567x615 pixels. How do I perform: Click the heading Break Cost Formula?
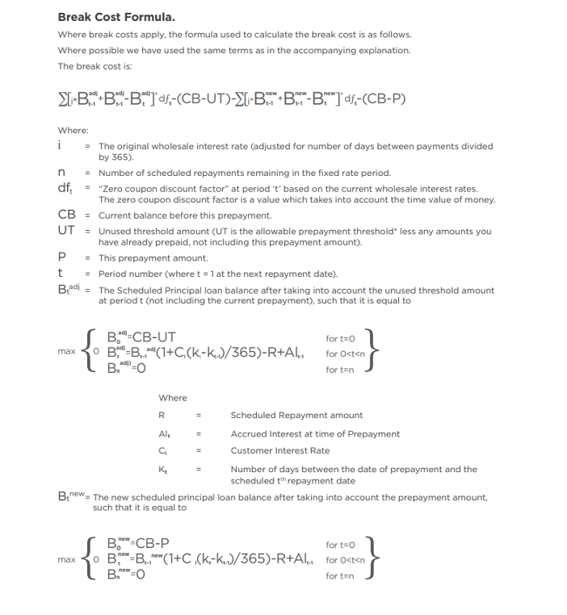[116, 17]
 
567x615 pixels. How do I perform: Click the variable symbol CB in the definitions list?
[66, 215]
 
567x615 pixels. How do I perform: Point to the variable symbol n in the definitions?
[61, 173]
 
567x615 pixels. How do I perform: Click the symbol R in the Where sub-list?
[162, 416]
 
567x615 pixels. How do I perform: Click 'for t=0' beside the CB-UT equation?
[342, 338]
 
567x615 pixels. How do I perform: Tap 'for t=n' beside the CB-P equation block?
[342, 575]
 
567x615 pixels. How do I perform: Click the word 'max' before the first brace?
[66, 353]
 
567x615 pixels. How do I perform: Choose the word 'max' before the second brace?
[66, 559]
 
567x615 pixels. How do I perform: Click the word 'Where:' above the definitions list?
[73, 131]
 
